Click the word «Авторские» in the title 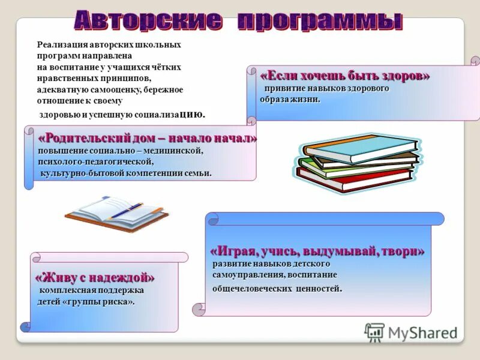click(x=147, y=21)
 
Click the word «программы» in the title click(x=319, y=22)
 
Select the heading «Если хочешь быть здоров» click(x=345, y=76)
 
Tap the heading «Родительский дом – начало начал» click(x=147, y=139)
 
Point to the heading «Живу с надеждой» click(x=95, y=278)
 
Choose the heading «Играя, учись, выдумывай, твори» click(x=317, y=251)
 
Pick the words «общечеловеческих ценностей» click(x=277, y=289)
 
